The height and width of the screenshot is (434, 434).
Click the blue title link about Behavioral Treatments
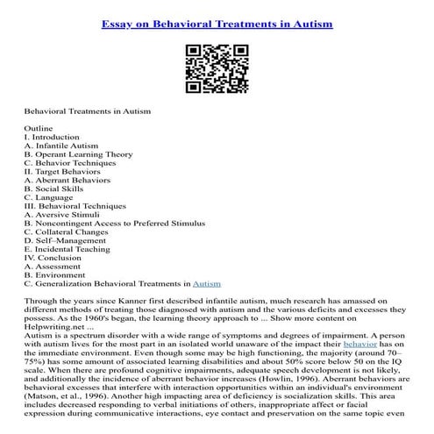[217, 24]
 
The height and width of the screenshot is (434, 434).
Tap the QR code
[217, 67]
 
